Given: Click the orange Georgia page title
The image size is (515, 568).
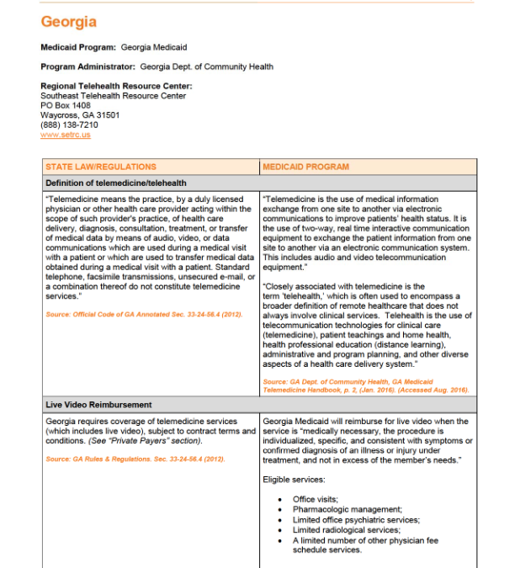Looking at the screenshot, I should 69,22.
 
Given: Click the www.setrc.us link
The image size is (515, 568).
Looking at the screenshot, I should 65,135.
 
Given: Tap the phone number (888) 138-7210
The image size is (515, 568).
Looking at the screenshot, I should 69,125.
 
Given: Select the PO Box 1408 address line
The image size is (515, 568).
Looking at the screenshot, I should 64,105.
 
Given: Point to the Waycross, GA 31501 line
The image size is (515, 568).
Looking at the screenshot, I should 80,115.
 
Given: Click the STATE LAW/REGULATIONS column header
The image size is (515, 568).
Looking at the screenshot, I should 100,167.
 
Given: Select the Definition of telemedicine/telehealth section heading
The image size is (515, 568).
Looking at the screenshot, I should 116,183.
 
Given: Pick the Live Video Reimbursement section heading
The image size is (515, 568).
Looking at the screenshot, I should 98,405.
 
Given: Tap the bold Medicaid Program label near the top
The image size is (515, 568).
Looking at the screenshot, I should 78,47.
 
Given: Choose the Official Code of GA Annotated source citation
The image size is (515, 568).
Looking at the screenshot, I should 132,314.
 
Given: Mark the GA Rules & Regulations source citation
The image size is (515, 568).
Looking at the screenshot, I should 135,459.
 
